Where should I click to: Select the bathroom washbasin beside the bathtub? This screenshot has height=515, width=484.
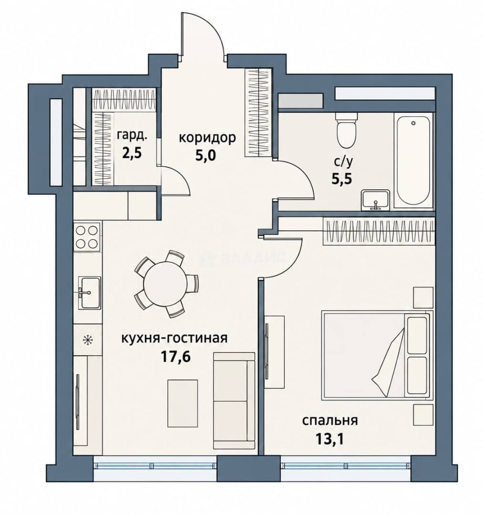pyautogui.click(x=375, y=200)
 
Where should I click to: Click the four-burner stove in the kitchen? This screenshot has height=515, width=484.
pyautogui.click(x=87, y=237)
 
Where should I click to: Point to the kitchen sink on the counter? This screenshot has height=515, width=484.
pyautogui.click(x=89, y=293)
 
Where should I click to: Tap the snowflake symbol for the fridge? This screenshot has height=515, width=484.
pyautogui.click(x=87, y=340)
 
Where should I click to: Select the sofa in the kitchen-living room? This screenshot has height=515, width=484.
pyautogui.click(x=234, y=401)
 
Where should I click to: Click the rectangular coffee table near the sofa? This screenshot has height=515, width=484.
pyautogui.click(x=183, y=403)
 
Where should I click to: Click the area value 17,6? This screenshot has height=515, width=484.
pyautogui.click(x=175, y=357)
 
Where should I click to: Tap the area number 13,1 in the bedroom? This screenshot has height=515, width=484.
pyautogui.click(x=330, y=439)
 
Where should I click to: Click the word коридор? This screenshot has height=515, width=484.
pyautogui.click(x=207, y=138)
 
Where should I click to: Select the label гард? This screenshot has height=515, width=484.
pyautogui.click(x=132, y=136)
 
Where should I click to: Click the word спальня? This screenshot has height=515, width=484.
pyautogui.click(x=330, y=421)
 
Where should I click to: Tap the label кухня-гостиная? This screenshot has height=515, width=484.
pyautogui.click(x=175, y=338)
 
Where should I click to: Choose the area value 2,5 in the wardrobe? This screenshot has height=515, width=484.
pyautogui.click(x=132, y=154)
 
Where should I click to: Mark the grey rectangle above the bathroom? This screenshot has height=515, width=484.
pyautogui.click(x=301, y=101)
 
